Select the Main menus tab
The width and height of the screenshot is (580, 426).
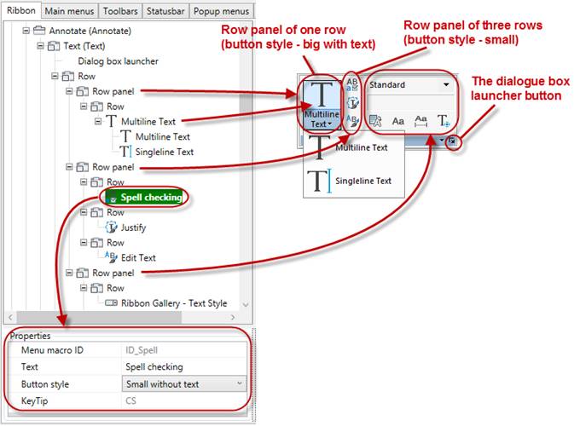click(69, 11)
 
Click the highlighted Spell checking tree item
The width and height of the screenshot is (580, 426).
click(150, 197)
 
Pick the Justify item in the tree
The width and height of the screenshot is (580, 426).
click(132, 227)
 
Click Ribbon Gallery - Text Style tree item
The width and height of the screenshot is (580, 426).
click(175, 302)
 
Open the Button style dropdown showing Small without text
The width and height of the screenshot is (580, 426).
click(180, 384)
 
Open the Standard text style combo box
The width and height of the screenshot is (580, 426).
click(409, 85)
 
